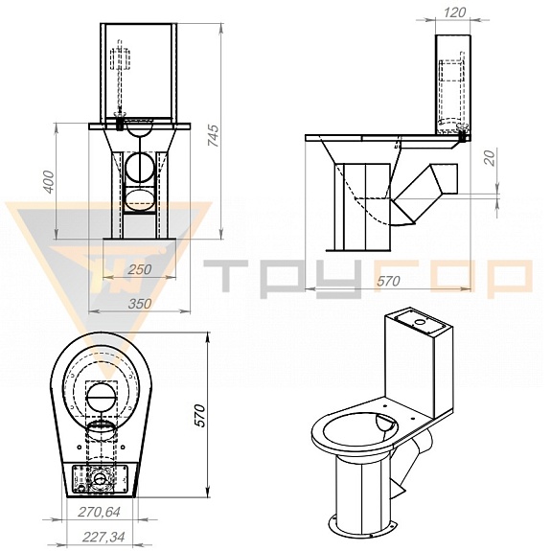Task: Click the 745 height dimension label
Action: (214, 136)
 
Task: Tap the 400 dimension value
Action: (49, 181)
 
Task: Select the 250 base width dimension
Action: (139, 269)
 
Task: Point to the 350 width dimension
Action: (139, 304)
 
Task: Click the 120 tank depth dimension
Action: (454, 12)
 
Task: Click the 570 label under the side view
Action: (388, 281)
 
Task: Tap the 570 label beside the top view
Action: (199, 415)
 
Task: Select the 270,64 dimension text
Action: (99, 512)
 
